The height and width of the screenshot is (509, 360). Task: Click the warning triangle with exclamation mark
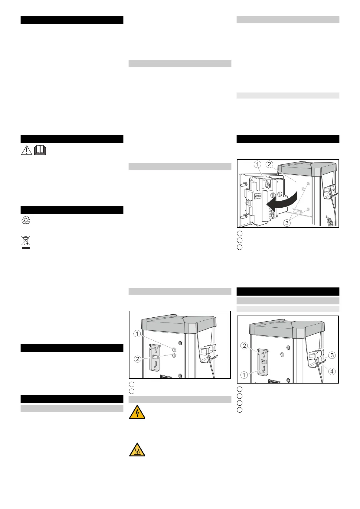pos(27,150)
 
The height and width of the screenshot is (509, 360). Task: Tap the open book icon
pos(40,150)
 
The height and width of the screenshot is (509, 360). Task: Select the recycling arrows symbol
pos(26,221)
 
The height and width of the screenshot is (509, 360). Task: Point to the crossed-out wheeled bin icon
pos(26,240)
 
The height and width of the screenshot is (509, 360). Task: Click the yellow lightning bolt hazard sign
pos(137,412)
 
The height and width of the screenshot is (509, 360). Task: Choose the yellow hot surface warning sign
pos(137,449)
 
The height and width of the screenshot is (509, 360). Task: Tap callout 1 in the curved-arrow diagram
pos(257,164)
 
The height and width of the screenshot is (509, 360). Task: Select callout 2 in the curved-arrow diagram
pos(269,164)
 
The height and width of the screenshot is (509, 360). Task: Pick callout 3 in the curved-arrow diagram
pos(287,223)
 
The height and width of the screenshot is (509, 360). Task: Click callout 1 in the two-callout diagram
pos(137,334)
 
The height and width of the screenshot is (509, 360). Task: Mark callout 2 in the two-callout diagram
pos(138,359)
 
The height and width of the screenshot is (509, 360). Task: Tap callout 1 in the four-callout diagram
pos(244,375)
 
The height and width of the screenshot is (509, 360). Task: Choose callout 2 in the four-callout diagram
pos(244,345)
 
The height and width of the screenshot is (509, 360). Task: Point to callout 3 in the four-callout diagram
pos(332,355)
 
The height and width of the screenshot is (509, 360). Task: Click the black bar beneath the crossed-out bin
pos(26,248)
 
